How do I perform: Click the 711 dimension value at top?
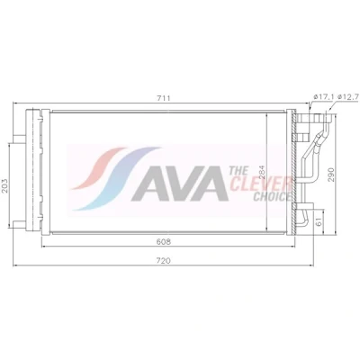[164, 98]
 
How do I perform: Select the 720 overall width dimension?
[164, 261]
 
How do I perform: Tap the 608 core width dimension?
[164, 242]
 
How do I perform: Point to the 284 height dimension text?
[263, 173]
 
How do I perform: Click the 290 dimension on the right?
[331, 174]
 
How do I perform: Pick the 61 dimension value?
[319, 221]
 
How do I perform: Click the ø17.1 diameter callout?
[323, 97]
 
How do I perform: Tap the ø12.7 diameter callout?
[348, 97]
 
